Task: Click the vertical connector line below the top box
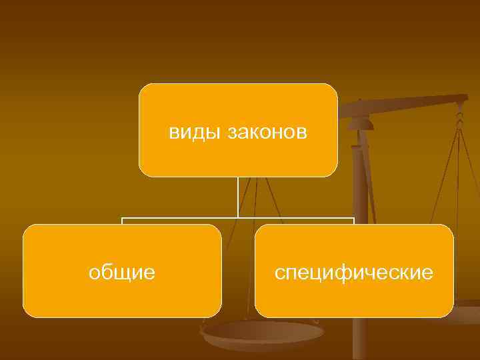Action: [x=238, y=197]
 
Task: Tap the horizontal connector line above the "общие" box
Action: [x=179, y=218]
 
